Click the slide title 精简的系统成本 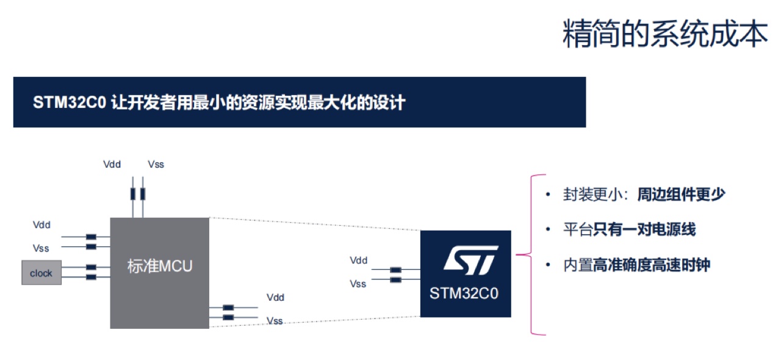pyautogui.click(x=665, y=34)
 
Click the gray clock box pyautogui.click(x=41, y=273)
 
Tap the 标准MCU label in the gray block pyautogui.click(x=160, y=266)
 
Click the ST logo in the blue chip pyautogui.click(x=471, y=260)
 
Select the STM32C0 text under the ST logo pyautogui.click(x=464, y=293)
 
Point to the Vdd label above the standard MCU pyautogui.click(x=112, y=164)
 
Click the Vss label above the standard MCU pyautogui.click(x=156, y=164)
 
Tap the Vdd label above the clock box pyautogui.click(x=41, y=225)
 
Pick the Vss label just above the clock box pyautogui.click(x=41, y=248)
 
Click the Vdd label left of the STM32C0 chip pyautogui.click(x=358, y=261)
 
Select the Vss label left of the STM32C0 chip pyautogui.click(x=358, y=284)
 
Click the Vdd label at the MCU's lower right pyautogui.click(x=275, y=298)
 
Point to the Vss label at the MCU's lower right pyautogui.click(x=275, y=321)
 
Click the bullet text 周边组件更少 pyautogui.click(x=682, y=194)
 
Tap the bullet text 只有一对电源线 pyautogui.click(x=644, y=229)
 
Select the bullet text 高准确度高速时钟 pyautogui.click(x=651, y=265)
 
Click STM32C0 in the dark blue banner pyautogui.click(x=70, y=103)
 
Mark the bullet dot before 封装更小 pyautogui.click(x=548, y=194)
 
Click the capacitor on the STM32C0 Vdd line pyautogui.click(x=395, y=270)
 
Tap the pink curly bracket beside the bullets pyautogui.click(x=531, y=254)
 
